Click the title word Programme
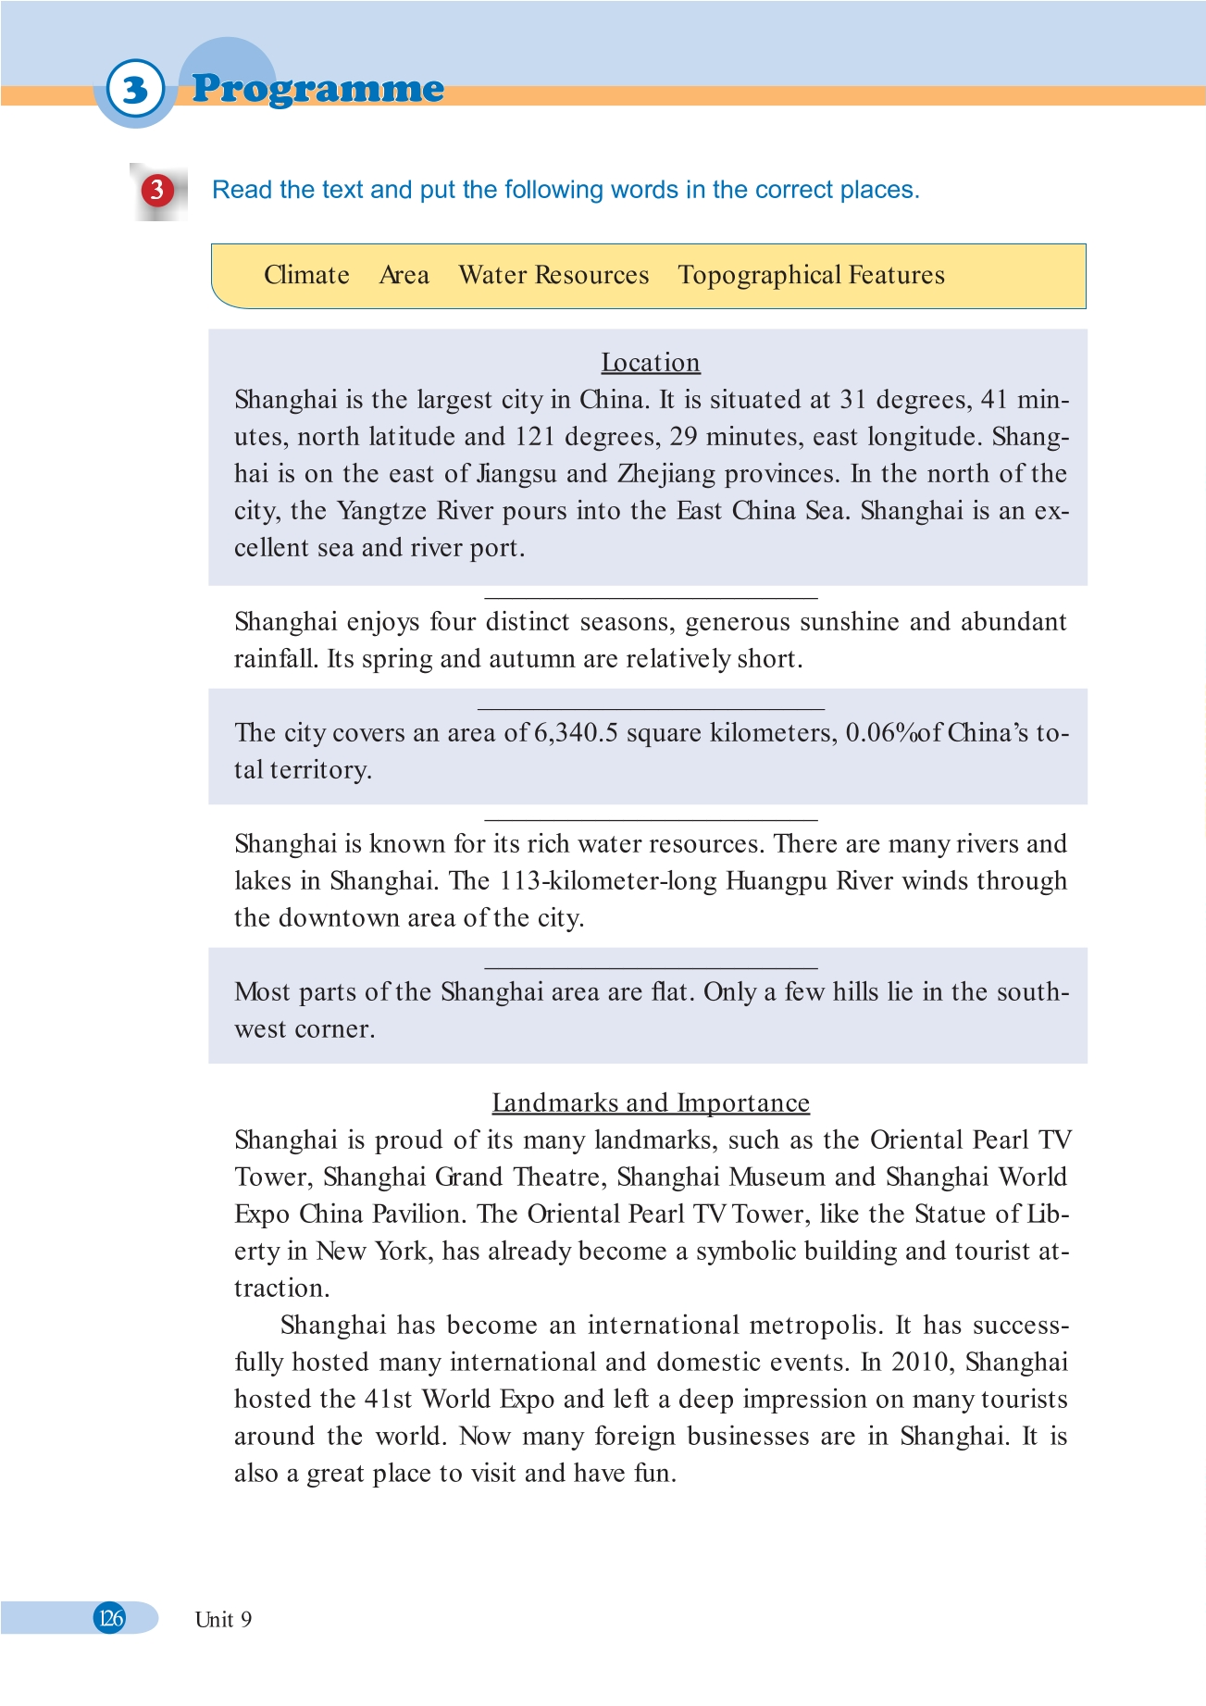[317, 89]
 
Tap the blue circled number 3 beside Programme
[136, 90]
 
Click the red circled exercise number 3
[156, 190]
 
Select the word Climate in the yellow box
[306, 275]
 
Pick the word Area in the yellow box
[404, 275]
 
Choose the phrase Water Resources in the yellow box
[553, 275]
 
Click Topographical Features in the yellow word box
[811, 275]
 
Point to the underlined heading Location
[651, 363]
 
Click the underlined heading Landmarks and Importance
[651, 1102]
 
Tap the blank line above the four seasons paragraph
[651, 598]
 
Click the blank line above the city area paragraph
[651, 709]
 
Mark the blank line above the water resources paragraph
[651, 820]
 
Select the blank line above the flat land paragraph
[651, 968]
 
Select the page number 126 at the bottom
[110, 1617]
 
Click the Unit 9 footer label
[223, 1619]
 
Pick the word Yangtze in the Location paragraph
[381, 511]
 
